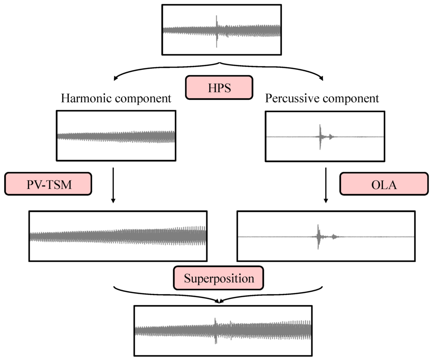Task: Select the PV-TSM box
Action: click(48, 184)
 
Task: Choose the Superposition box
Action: click(219, 278)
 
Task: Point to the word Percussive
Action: click(292, 99)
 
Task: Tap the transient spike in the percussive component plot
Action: click(321, 136)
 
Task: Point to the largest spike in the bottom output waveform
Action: click(216, 330)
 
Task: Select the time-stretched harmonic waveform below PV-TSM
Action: click(118, 236)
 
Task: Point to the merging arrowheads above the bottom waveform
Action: click(219, 301)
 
